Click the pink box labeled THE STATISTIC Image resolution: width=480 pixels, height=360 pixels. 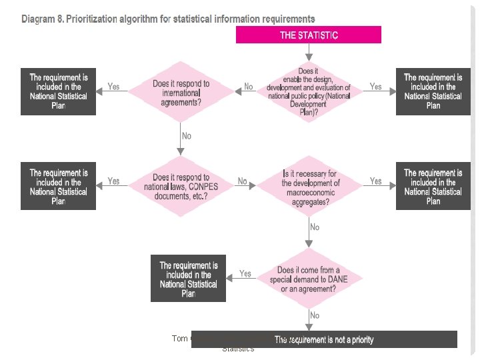point(308,35)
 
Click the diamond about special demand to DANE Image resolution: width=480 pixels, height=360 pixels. point(309,279)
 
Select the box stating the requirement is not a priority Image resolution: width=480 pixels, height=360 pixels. point(324,339)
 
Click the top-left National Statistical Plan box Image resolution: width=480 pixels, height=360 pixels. point(58,91)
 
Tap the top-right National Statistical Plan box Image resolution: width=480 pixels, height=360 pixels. point(433,91)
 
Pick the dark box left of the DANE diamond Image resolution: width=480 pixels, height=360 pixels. point(189,279)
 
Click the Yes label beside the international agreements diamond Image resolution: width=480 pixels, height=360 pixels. point(114,87)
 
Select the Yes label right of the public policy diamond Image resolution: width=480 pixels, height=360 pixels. point(376,87)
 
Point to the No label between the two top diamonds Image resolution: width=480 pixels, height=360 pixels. point(248,87)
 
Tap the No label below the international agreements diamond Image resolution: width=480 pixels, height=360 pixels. point(186,136)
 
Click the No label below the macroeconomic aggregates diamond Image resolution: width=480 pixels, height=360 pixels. point(315,227)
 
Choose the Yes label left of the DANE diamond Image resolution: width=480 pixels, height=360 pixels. point(245,274)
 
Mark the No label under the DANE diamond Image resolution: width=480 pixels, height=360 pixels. point(315,315)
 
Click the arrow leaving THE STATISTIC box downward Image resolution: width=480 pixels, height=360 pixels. point(308,51)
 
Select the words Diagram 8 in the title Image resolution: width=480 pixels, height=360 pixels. point(43,19)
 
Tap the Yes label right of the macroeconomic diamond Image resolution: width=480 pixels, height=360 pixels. point(376,181)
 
